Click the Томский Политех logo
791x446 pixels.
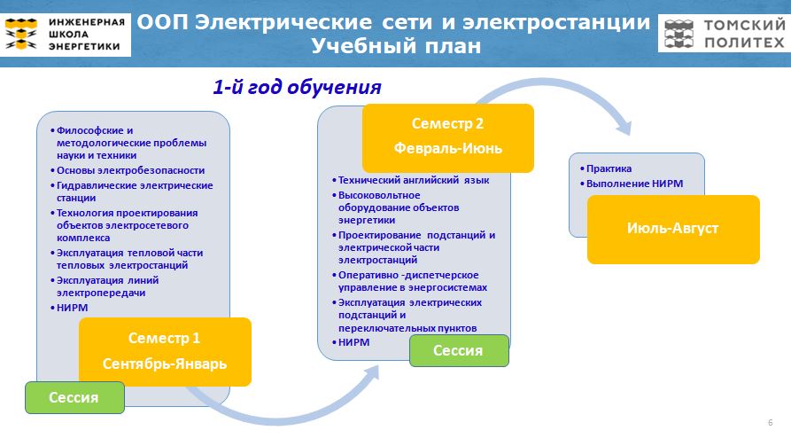pyautogui.click(x=725, y=34)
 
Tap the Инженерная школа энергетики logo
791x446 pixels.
pyautogui.click(x=66, y=35)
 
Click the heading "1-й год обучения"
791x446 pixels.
pyautogui.click(x=297, y=87)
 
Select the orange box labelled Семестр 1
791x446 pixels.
pyautogui.click(x=165, y=351)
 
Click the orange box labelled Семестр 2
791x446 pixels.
pyautogui.click(x=448, y=138)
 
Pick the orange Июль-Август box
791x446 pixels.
pyautogui.click(x=673, y=230)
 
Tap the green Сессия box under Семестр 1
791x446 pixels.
pyautogui.click(x=74, y=397)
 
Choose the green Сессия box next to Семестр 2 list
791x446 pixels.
pyautogui.click(x=459, y=350)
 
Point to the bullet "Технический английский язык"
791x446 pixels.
pyautogui.click(x=411, y=180)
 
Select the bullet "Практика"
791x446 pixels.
pyautogui.click(x=605, y=168)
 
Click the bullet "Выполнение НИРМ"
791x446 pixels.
pyautogui.click(x=631, y=184)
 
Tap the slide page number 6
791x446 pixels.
pyautogui.click(x=771, y=422)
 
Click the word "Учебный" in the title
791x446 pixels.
pyautogui.click(x=361, y=45)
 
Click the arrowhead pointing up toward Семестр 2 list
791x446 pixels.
pyautogui.click(x=372, y=373)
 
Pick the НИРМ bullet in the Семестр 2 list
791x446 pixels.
pyautogui.click(x=351, y=342)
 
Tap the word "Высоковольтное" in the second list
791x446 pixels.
pyautogui.click(x=379, y=195)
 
